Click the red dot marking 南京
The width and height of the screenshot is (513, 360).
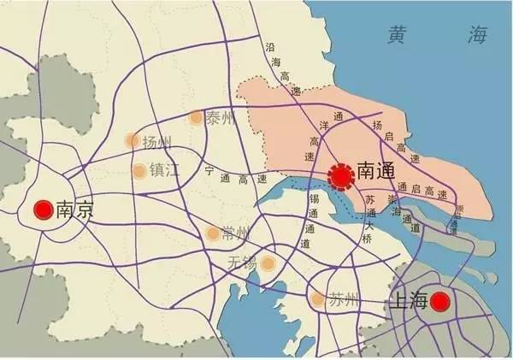tap(41, 209)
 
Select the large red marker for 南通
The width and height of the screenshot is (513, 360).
tap(341, 176)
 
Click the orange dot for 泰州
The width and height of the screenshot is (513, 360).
tap(196, 118)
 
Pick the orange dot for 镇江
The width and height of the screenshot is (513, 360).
tap(139, 170)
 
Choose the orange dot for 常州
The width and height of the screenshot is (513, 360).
tap(213, 233)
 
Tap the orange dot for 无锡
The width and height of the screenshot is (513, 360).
tap(268, 263)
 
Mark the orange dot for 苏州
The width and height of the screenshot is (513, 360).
tap(318, 299)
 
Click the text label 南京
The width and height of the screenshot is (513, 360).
tap(74, 209)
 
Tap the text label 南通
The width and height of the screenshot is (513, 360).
tap(375, 170)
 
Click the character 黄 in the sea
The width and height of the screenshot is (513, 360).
tap(398, 37)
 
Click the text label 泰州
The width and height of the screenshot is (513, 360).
tap(220, 118)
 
